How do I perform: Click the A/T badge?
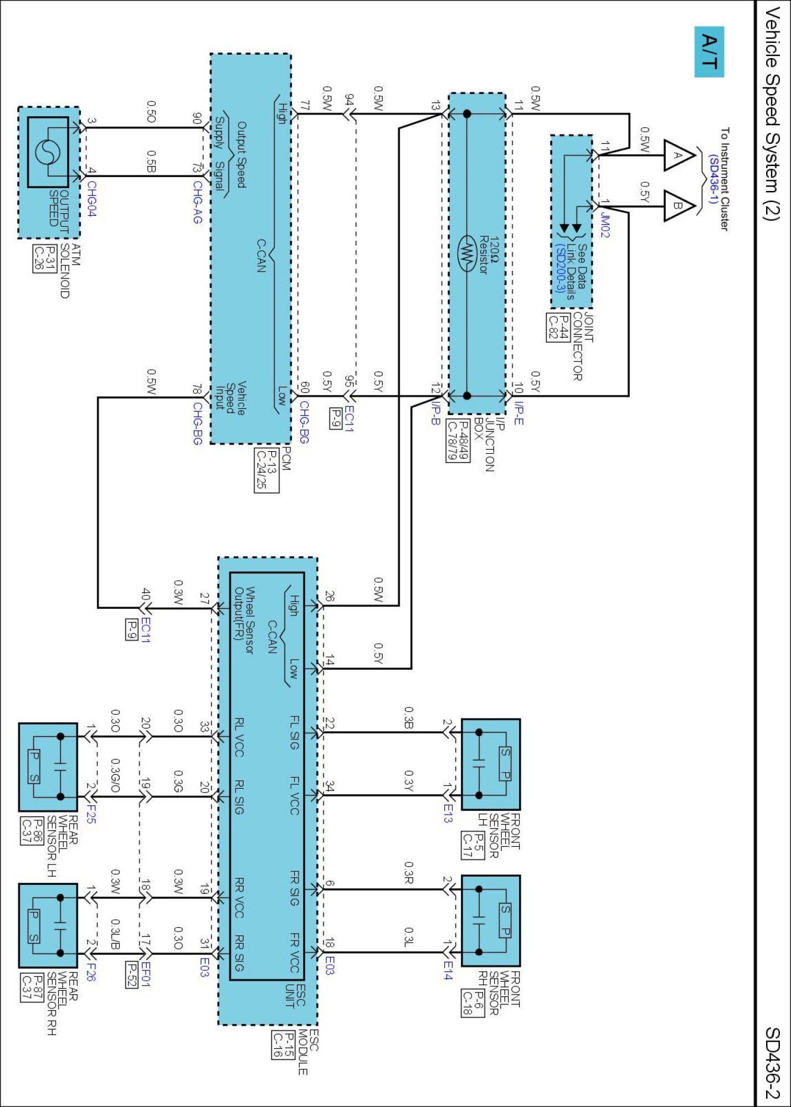[x=709, y=51]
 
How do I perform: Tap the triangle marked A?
[x=679, y=156]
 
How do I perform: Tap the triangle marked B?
[x=679, y=206]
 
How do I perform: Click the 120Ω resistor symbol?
[x=467, y=254]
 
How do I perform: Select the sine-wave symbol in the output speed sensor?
[x=48, y=152]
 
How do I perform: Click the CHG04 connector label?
[x=91, y=199]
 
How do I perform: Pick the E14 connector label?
[x=448, y=970]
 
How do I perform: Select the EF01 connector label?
[x=145, y=974]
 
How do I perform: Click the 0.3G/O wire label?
[x=115, y=775]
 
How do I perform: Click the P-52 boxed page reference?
[x=131, y=974]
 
